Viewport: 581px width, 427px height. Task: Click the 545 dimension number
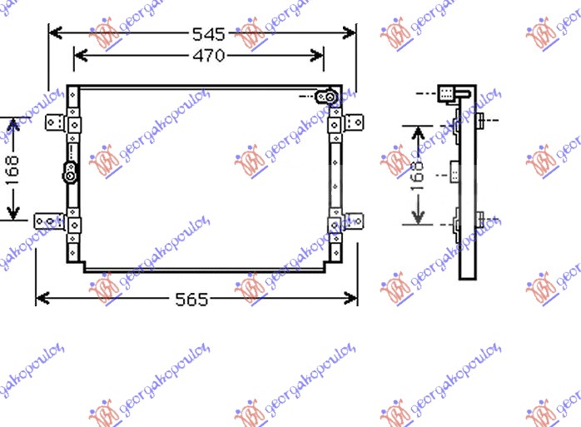coord(209,34)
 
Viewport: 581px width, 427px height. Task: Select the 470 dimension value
coord(209,56)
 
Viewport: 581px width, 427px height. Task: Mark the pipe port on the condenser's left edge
coord(71,173)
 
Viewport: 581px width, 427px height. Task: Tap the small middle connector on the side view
coord(454,175)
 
